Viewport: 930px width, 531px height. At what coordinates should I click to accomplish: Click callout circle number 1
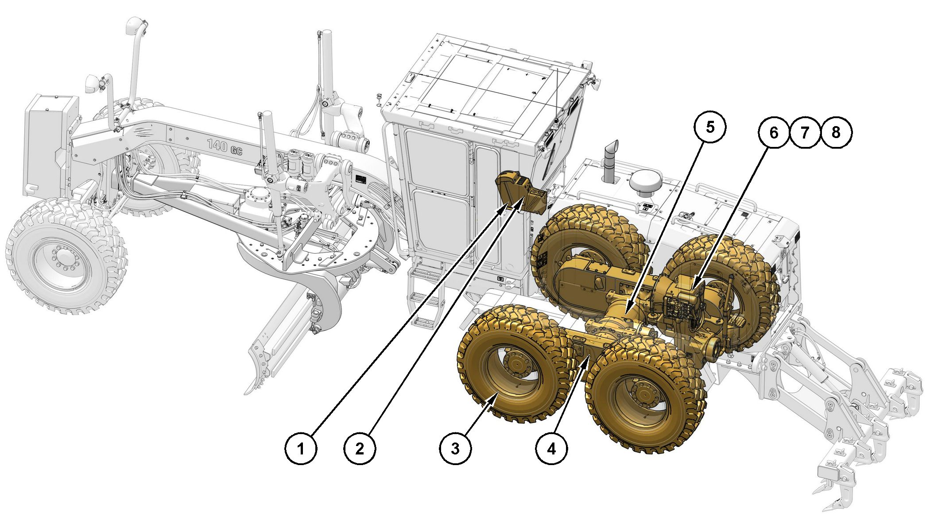click(301, 449)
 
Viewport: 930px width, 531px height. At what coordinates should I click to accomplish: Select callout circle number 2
click(360, 449)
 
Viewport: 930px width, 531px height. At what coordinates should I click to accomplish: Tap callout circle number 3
click(456, 449)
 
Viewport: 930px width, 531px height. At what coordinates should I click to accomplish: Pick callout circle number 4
click(551, 449)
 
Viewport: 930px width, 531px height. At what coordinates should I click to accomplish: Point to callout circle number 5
click(710, 127)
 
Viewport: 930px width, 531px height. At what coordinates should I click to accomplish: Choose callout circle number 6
click(774, 132)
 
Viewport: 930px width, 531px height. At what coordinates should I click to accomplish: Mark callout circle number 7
click(805, 132)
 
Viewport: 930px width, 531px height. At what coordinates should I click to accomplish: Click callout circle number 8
click(836, 132)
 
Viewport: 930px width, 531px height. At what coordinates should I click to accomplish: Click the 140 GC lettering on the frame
click(225, 147)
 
